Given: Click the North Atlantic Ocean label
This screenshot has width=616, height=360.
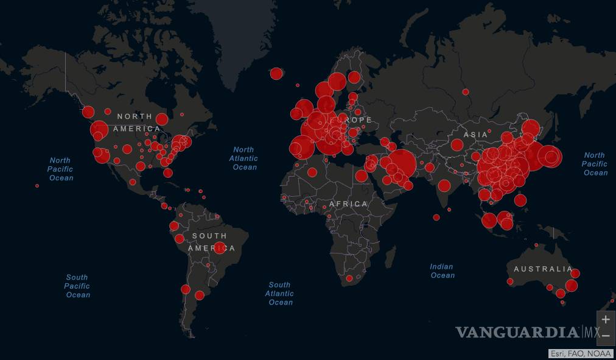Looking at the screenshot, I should [243, 158].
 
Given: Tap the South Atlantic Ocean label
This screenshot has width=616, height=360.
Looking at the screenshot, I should [280, 293].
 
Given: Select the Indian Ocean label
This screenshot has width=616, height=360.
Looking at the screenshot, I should [443, 271].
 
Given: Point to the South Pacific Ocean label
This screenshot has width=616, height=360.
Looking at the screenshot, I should [78, 286].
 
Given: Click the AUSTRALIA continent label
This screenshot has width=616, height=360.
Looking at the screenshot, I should [542, 269].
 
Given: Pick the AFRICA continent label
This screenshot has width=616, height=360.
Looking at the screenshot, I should [348, 204].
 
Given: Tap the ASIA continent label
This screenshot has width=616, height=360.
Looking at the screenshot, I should [475, 135].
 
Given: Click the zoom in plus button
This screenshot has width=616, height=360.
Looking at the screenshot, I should [606, 320].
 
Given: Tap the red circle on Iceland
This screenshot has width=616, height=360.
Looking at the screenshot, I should [276, 74].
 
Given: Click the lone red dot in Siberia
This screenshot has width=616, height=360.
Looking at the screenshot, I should [466, 92].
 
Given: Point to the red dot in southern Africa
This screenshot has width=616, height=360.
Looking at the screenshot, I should [349, 278].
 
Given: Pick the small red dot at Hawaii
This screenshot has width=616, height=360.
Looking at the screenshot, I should [37, 186].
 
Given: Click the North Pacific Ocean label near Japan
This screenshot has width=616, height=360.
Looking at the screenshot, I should [595, 164].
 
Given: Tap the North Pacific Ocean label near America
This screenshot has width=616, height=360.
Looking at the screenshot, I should [61, 169].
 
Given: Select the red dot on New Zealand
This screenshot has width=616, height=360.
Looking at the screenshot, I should [612, 301].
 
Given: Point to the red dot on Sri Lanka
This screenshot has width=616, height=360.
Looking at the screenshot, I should [436, 217].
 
